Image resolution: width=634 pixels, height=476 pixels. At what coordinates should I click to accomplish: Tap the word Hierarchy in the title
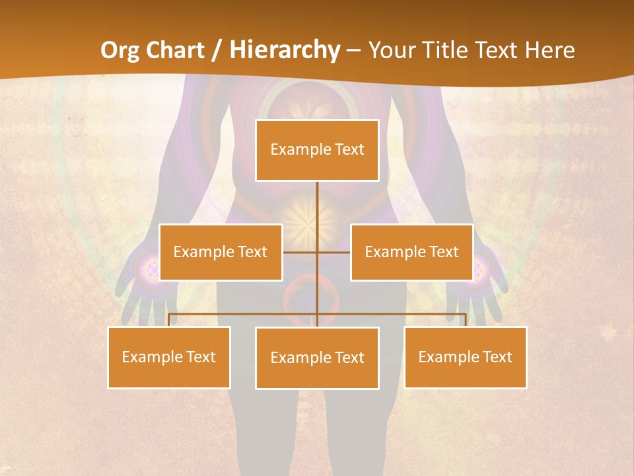click(x=285, y=50)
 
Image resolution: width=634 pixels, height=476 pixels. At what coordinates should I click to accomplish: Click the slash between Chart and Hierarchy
click(x=217, y=50)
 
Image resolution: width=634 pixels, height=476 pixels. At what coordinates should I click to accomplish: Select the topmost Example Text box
click(x=317, y=150)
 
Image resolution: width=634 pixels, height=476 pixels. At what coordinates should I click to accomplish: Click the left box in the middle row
click(x=221, y=252)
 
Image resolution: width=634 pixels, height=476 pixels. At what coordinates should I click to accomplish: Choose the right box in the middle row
click(x=411, y=252)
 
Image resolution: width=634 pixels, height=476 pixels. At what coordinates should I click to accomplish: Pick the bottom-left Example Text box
click(x=169, y=357)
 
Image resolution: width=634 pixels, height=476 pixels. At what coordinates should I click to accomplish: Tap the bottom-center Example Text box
click(x=317, y=358)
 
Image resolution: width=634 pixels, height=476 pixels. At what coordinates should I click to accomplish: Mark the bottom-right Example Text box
click(x=465, y=357)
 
